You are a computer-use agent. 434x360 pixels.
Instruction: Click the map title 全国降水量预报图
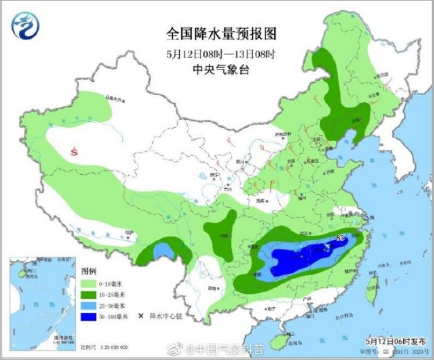221,33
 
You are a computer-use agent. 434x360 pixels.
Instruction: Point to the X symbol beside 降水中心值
140,317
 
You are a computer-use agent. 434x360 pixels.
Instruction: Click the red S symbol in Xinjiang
74,152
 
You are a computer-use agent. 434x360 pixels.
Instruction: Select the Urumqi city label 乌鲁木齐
114,99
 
